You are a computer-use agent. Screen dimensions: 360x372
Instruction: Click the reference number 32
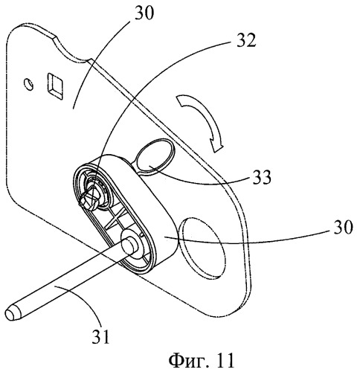click(245, 40)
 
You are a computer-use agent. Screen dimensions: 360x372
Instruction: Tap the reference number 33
click(262, 177)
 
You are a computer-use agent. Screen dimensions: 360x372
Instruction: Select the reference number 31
click(100, 336)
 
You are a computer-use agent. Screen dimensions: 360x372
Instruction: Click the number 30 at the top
click(144, 13)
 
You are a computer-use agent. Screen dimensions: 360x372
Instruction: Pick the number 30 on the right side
click(343, 227)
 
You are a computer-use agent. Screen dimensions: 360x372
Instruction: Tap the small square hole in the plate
click(54, 86)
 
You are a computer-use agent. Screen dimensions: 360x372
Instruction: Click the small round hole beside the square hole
click(29, 84)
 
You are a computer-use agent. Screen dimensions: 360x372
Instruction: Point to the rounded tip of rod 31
click(11, 314)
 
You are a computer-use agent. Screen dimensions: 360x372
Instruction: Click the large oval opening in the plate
click(202, 248)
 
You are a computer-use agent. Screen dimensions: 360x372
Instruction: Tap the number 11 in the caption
click(225, 359)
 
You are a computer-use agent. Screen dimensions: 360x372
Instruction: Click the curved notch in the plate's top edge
click(72, 51)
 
